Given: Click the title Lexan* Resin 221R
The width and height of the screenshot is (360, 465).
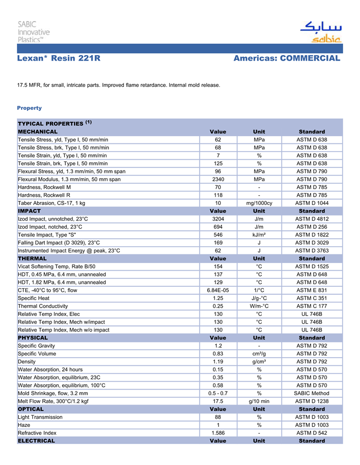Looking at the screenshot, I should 59,59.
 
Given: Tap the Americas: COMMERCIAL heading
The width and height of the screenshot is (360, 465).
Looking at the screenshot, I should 286,59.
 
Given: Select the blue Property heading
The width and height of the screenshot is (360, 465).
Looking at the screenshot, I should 29,108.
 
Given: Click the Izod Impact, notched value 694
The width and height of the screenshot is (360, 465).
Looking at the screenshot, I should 218,227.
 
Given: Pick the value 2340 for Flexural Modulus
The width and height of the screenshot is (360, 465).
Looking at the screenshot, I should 218,179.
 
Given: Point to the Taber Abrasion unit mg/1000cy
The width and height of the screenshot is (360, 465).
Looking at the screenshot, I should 259,203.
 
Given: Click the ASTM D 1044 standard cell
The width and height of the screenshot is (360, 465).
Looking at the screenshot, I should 312,203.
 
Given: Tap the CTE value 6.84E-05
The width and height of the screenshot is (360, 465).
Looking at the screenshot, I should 218,290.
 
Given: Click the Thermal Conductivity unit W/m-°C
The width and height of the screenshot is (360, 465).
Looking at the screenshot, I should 259,306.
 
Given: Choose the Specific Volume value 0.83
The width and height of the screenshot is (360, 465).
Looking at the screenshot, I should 218,354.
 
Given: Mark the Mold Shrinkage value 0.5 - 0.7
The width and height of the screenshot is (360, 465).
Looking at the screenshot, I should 218,393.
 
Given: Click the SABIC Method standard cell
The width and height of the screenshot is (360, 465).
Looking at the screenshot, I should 312,393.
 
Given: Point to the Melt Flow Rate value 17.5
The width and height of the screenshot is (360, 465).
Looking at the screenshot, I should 218,401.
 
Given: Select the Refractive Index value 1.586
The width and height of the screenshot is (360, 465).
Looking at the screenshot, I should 218,433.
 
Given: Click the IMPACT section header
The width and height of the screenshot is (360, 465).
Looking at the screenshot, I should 29,211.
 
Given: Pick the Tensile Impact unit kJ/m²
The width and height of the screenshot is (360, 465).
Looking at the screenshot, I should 259,234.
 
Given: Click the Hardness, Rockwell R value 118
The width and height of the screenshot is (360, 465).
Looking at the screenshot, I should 218,195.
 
